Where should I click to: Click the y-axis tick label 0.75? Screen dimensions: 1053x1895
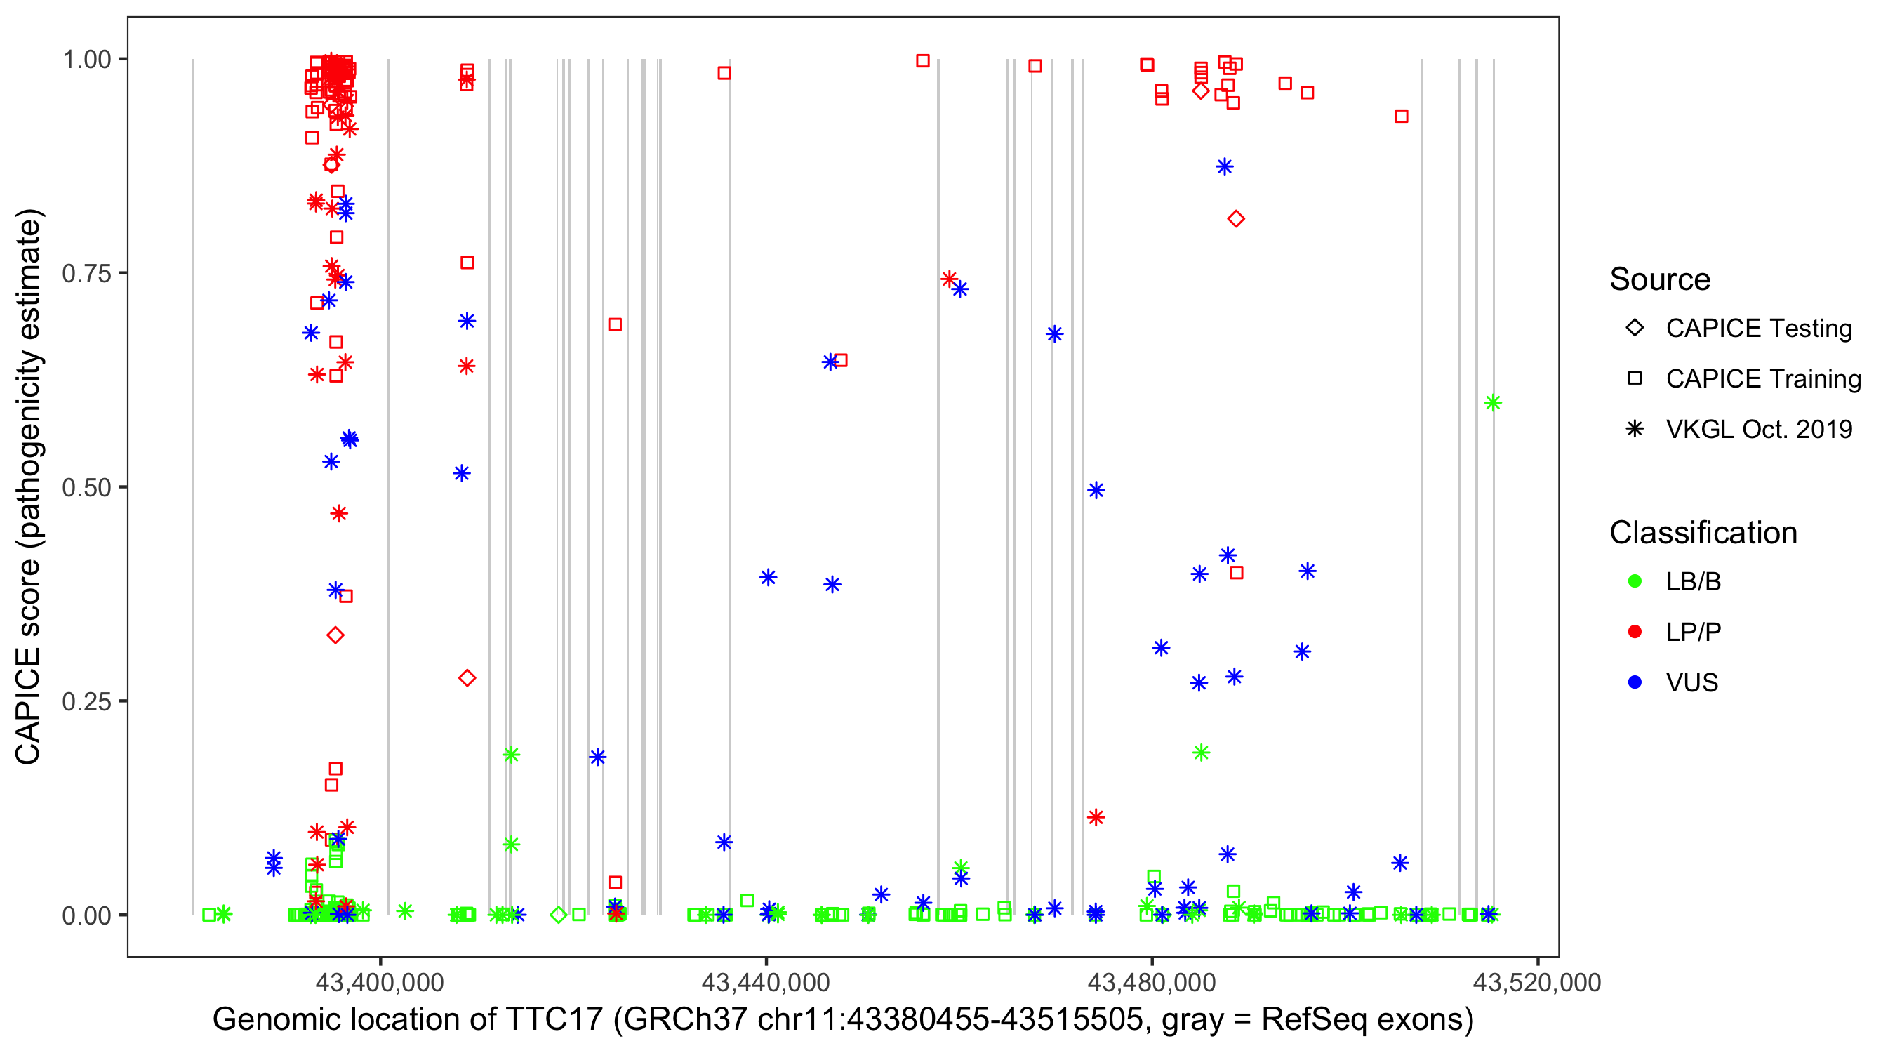click(86, 274)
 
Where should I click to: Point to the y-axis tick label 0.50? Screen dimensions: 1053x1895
click(86, 487)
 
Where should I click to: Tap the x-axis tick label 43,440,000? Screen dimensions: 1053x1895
click(766, 982)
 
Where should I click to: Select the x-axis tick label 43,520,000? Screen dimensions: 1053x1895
click(1537, 982)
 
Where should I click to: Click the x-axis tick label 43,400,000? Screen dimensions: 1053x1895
click(380, 982)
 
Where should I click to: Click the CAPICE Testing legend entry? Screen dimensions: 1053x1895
click(1758, 329)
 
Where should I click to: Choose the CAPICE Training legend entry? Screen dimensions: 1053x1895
click(1762, 379)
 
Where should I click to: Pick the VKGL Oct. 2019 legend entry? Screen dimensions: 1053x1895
click(1758, 430)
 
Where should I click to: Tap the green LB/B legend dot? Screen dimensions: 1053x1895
click(1635, 582)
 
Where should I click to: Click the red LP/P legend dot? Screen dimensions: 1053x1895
click(1635, 632)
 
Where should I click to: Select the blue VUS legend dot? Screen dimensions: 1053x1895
click(1635, 683)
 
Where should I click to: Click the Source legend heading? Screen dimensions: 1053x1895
click(1660, 279)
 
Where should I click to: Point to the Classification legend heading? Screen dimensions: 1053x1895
click(1703, 533)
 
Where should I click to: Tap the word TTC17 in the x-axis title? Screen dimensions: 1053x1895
click(554, 1020)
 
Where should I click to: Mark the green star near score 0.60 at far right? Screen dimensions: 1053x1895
click(1493, 402)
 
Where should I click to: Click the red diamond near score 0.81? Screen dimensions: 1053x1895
click(1236, 218)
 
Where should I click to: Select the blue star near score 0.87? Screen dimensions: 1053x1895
click(1224, 167)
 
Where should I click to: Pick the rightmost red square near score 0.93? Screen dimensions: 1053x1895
click(1402, 117)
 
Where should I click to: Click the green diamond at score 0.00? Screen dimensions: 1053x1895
click(559, 915)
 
